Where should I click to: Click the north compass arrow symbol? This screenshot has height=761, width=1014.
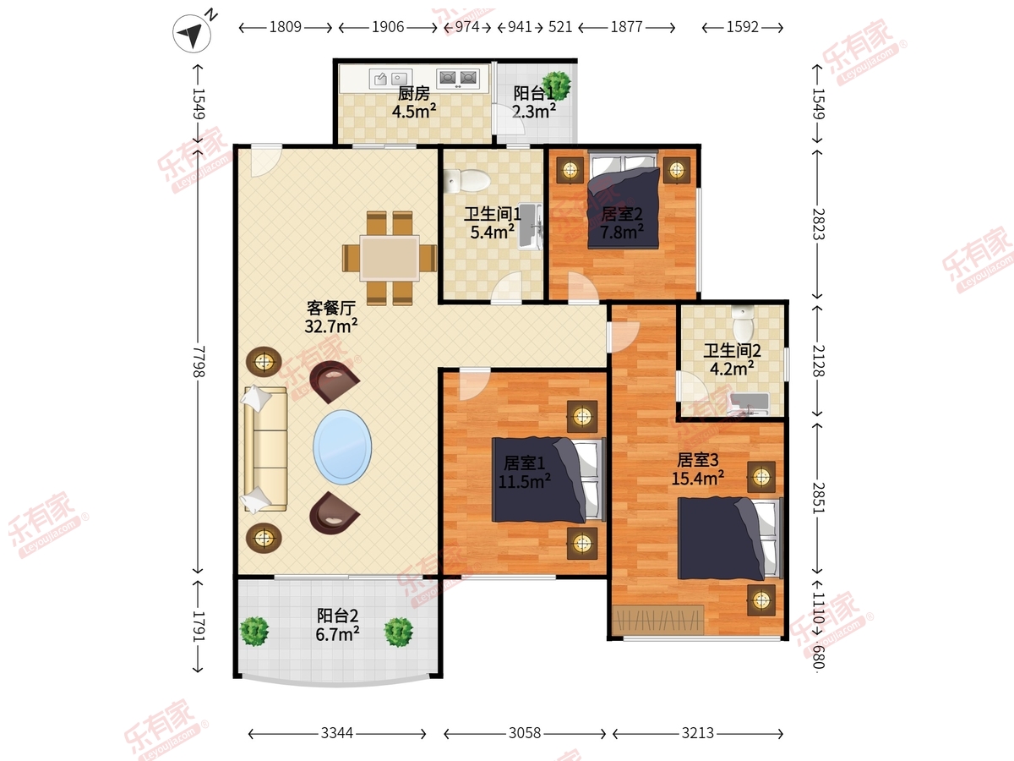[192, 33]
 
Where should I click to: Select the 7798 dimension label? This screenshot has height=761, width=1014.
[199, 361]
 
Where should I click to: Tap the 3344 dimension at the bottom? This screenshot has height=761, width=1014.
[337, 733]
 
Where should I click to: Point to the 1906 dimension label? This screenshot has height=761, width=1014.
[388, 27]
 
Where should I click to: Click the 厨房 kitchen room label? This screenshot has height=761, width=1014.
[414, 94]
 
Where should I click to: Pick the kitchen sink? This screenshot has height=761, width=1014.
[390, 79]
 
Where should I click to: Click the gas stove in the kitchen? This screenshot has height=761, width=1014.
[457, 78]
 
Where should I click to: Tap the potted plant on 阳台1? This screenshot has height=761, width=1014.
[556, 85]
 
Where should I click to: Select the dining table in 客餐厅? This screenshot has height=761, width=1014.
[390, 258]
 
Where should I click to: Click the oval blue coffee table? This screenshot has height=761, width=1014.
[342, 446]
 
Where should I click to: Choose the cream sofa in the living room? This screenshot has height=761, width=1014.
[265, 449]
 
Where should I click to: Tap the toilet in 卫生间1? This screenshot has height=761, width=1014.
[466, 181]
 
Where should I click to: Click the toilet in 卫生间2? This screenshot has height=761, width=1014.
[743, 323]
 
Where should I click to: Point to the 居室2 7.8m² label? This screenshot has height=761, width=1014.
[622, 222]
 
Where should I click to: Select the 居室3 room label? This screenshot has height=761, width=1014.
[698, 460]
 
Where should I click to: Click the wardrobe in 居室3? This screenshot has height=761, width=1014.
[657, 620]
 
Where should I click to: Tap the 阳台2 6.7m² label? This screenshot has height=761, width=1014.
[338, 625]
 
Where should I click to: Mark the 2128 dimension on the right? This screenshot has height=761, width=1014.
[818, 360]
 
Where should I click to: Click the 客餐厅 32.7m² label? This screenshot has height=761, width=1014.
[330, 317]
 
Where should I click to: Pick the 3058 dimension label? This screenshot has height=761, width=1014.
[525, 733]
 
